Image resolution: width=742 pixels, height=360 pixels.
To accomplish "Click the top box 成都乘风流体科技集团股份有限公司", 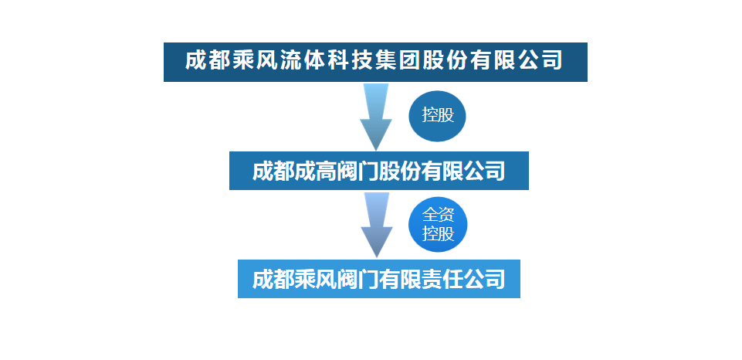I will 375,62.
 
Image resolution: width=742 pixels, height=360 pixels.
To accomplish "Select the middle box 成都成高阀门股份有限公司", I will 378,171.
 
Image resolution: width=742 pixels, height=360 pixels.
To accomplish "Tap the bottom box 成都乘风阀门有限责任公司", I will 378,278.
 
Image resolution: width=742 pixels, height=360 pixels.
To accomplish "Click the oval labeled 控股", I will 438,115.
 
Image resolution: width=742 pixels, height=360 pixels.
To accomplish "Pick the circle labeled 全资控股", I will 438,224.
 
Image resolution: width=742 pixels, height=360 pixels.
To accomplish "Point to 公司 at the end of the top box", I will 544,60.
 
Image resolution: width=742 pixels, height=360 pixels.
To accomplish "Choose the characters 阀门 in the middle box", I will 357,171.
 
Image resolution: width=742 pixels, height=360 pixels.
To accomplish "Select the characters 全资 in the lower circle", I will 438,216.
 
